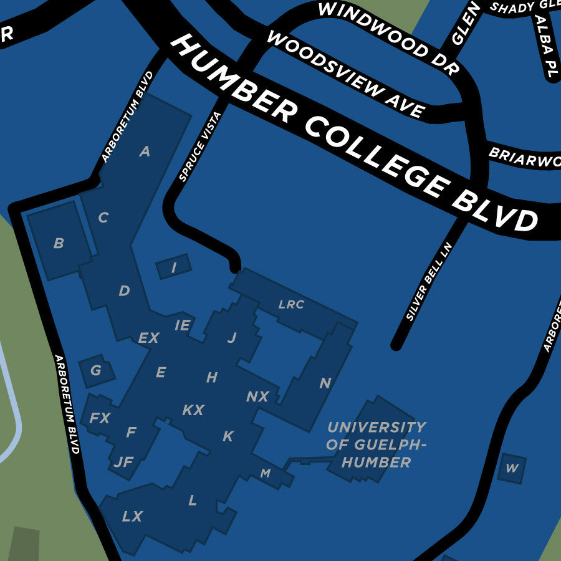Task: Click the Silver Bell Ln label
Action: point(428,280)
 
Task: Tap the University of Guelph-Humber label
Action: point(376,444)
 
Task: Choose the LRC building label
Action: point(291,305)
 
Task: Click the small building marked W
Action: point(512,469)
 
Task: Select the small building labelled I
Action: point(173,268)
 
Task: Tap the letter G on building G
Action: point(95,371)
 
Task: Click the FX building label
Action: point(100,418)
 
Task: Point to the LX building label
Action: point(132,517)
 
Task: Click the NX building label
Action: point(257,397)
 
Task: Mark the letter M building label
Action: point(266,474)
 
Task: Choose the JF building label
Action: point(124,463)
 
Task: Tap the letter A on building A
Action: point(145,151)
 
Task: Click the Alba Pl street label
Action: point(544,47)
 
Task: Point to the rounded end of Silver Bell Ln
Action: point(396,344)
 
